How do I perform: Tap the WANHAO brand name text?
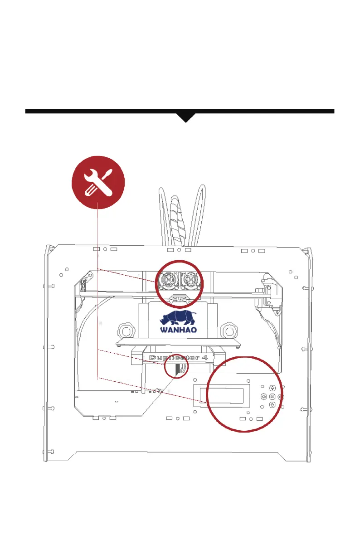pyautogui.click(x=177, y=330)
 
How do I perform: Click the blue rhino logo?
pyautogui.click(x=178, y=317)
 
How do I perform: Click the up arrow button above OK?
pyautogui.click(x=272, y=388)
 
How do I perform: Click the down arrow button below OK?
pyautogui.click(x=272, y=405)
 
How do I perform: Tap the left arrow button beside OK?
pyautogui.click(x=263, y=396)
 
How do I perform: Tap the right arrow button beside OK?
pyautogui.click(x=281, y=396)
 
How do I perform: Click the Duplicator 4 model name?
pyautogui.click(x=177, y=358)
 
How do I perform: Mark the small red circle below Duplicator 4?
pyautogui.click(x=176, y=366)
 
